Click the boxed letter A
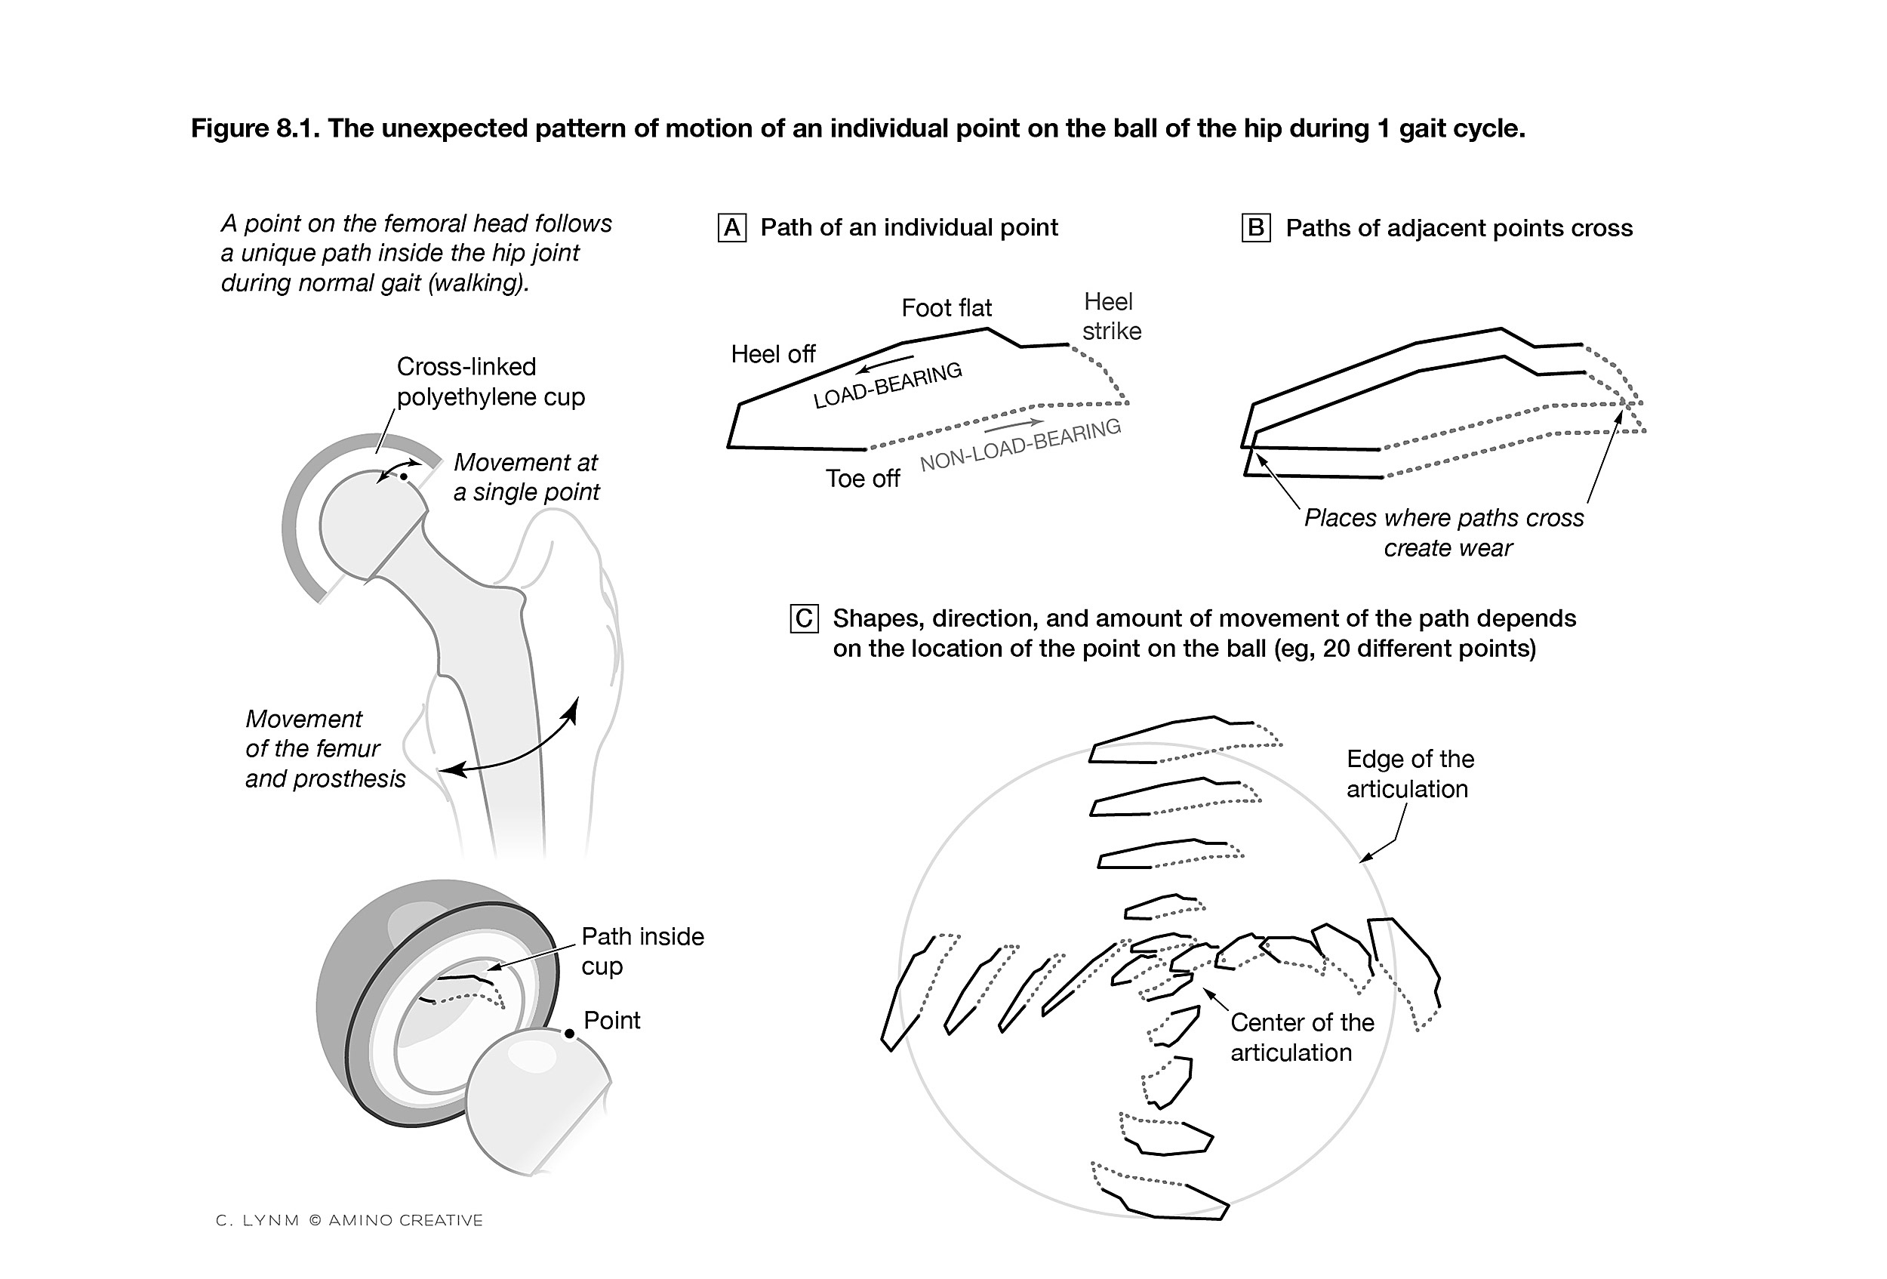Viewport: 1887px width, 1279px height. click(x=731, y=228)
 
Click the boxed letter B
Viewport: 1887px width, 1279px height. click(x=1255, y=228)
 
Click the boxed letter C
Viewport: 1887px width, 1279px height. click(x=804, y=619)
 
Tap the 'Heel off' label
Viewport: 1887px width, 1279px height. click(x=772, y=354)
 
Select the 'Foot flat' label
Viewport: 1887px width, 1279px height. click(x=946, y=308)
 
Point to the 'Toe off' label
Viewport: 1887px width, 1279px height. click(x=862, y=479)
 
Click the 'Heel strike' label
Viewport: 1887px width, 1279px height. click(x=1111, y=316)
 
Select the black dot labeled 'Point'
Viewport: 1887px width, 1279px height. click(x=569, y=1034)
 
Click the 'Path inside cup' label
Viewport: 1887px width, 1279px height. click(x=642, y=951)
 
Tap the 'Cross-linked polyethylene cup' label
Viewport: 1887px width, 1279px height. click(x=490, y=382)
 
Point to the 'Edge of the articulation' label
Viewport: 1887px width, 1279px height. click(x=1409, y=774)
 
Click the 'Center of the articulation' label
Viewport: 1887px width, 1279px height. click(x=1301, y=1037)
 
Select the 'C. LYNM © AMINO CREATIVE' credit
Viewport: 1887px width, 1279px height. click(x=349, y=1219)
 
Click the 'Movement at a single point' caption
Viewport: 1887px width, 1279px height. click(x=526, y=476)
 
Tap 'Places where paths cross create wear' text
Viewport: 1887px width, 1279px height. click(x=1443, y=533)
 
